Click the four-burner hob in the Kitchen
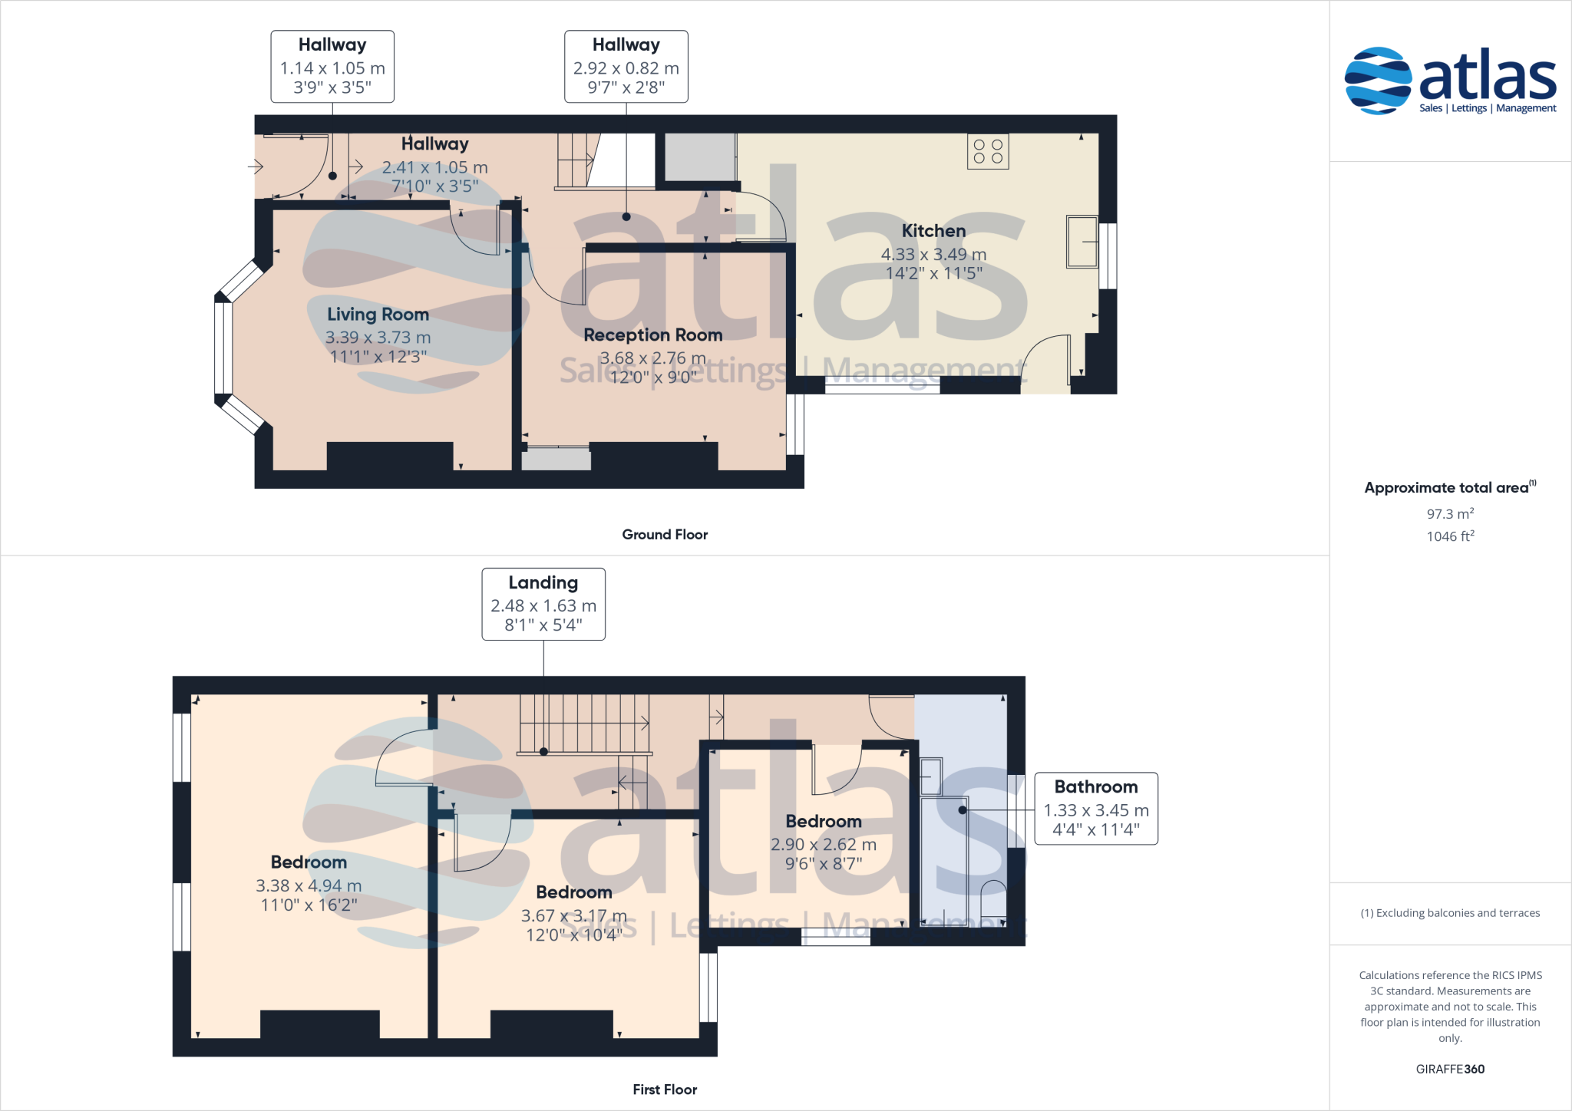click(988, 152)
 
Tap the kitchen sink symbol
click(1082, 242)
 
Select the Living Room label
click(378, 315)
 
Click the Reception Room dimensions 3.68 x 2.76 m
click(652, 358)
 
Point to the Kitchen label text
click(933, 231)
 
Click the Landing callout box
click(543, 604)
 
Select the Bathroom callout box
click(1095, 809)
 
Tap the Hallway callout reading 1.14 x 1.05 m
click(332, 67)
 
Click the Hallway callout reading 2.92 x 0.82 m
click(626, 67)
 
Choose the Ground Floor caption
click(665, 535)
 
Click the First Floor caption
click(665, 1090)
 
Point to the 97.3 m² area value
click(1449, 514)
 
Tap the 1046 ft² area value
click(1449, 536)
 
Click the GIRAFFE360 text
click(1449, 1069)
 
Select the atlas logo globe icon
click(1378, 81)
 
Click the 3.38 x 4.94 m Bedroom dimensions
click(309, 886)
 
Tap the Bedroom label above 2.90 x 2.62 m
click(824, 822)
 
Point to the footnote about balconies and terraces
click(1449, 913)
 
